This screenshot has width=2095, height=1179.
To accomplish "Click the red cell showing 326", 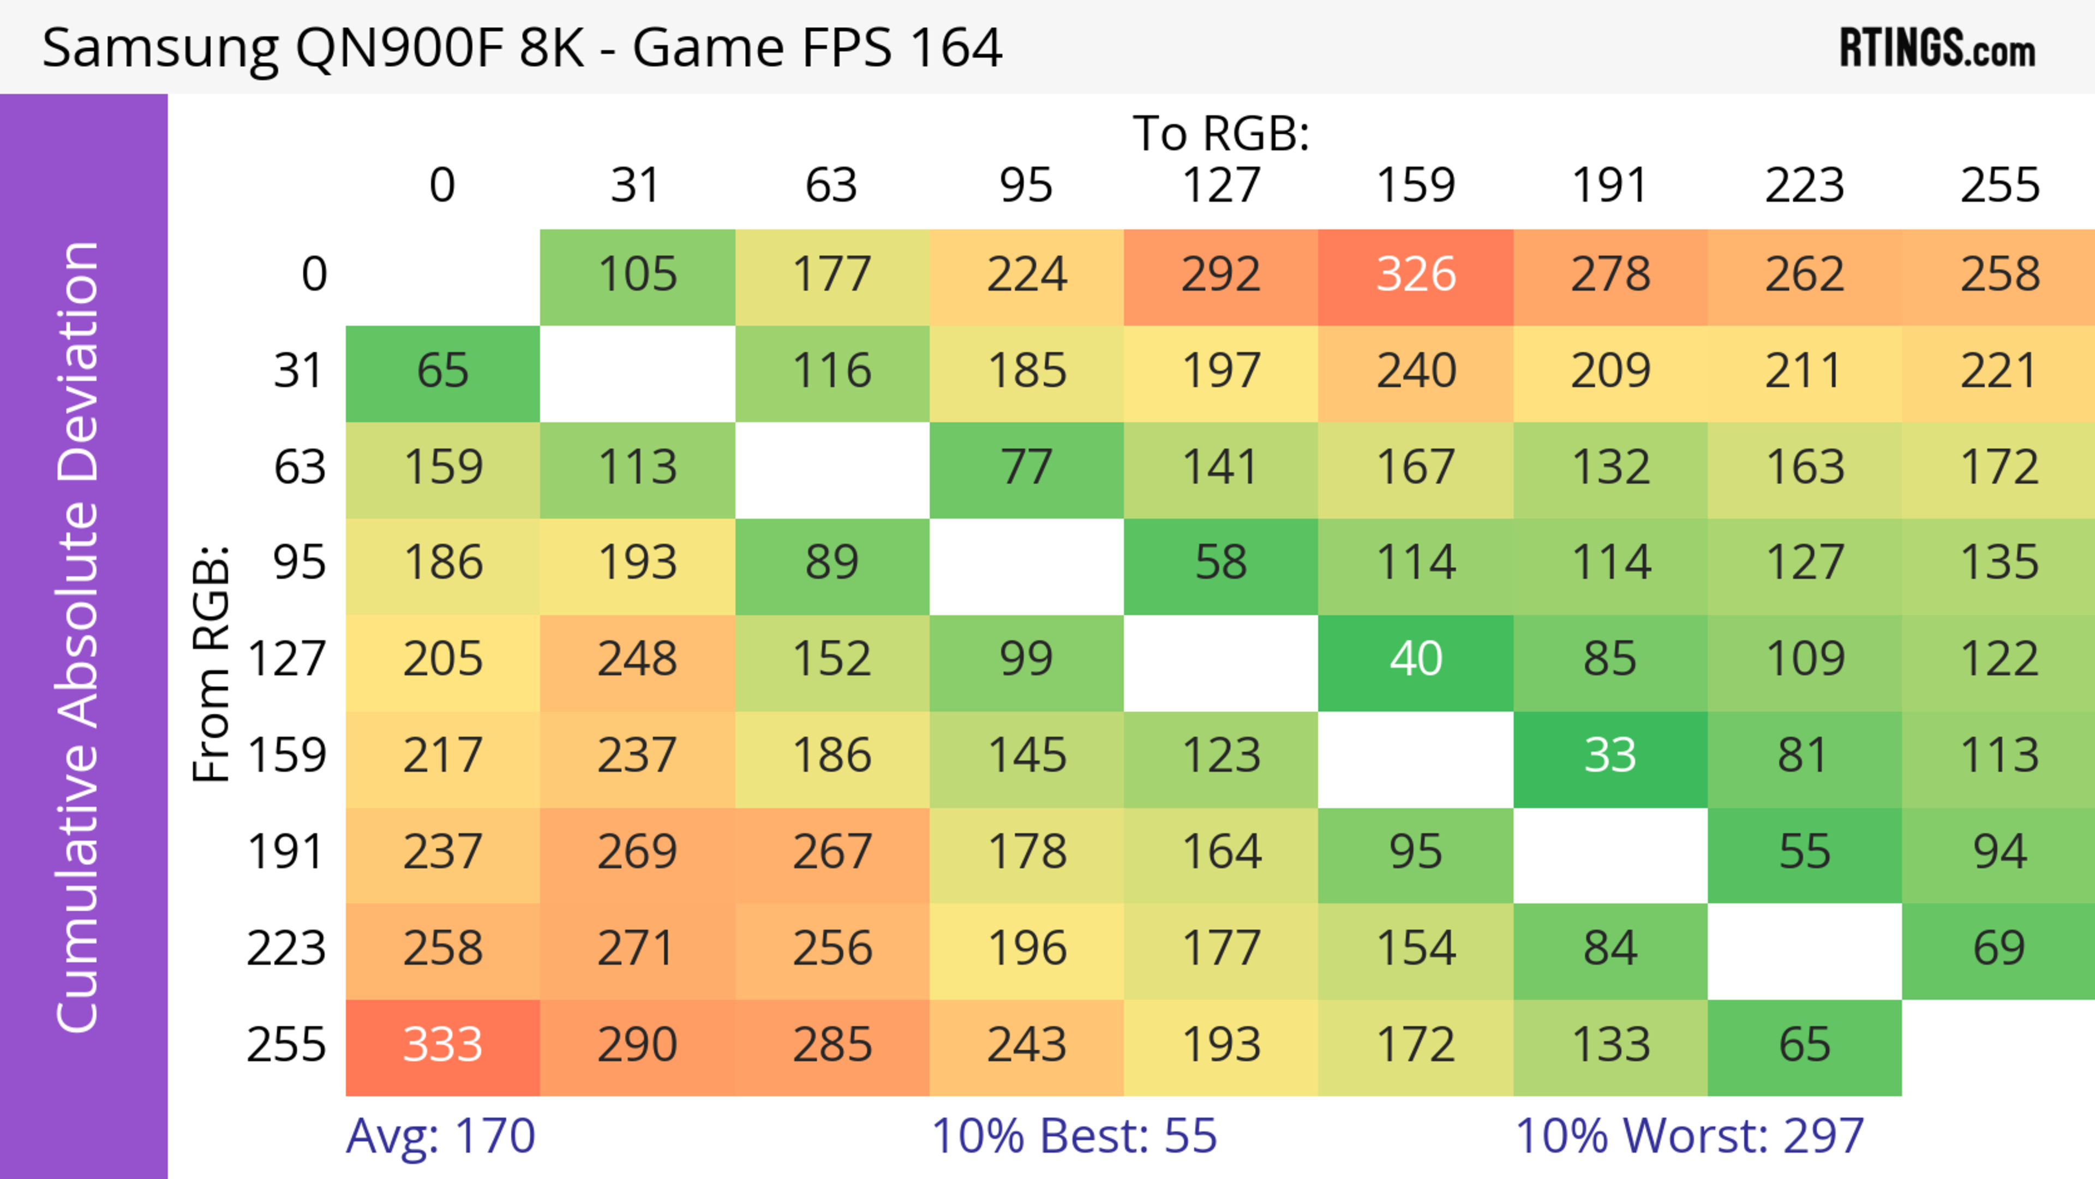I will point(1415,275).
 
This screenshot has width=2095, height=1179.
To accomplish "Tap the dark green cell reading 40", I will point(1415,660).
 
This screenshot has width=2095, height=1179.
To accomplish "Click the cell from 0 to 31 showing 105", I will point(638,275).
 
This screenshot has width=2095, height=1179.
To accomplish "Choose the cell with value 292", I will point(1221,275).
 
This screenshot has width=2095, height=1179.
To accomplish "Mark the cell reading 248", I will point(638,660).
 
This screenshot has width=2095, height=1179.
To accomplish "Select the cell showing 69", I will point(1999,949).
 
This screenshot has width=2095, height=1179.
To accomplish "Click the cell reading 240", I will point(1415,372).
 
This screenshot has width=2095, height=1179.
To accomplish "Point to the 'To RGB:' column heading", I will point(1221,133).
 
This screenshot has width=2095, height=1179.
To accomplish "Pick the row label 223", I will point(286,949).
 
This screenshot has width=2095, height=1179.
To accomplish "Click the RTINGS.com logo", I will point(1937,49).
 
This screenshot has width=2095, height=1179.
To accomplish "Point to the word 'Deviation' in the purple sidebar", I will point(79,362).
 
